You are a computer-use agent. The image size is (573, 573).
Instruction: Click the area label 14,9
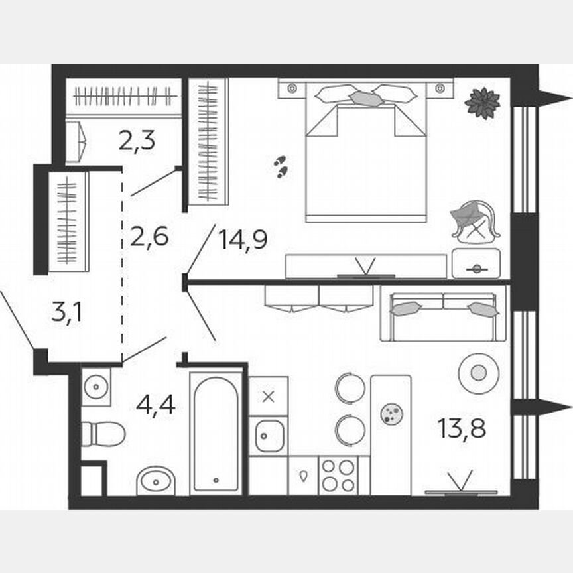(243, 239)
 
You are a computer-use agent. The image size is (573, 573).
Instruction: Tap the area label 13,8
(462, 428)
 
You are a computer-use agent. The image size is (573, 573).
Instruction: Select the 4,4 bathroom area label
(156, 403)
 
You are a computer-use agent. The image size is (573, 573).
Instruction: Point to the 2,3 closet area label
(137, 140)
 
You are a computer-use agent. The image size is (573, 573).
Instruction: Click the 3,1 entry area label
(66, 312)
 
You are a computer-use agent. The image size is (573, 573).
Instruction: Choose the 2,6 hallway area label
(150, 235)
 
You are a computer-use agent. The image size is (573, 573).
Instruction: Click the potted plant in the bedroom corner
(482, 103)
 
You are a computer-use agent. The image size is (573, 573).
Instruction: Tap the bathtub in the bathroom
(216, 432)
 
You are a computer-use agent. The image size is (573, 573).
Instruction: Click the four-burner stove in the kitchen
(337, 476)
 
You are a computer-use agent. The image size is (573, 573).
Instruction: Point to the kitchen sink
(269, 435)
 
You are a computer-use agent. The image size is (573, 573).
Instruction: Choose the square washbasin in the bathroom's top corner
(96, 387)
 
